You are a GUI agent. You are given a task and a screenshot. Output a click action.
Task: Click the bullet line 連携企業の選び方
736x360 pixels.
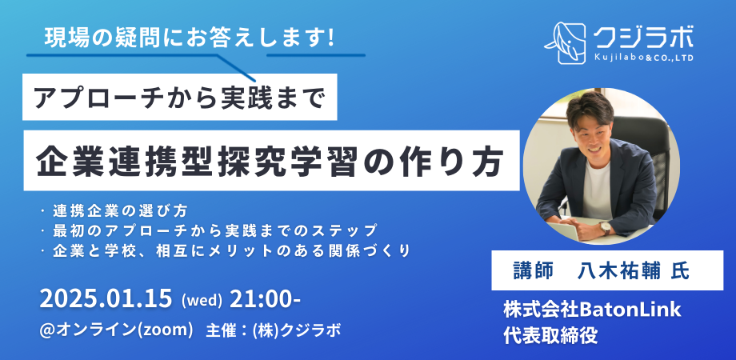coord(118,211)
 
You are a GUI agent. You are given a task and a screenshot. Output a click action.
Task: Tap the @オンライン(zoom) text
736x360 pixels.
coord(118,329)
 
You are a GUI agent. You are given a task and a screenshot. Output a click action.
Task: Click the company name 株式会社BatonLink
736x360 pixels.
coord(592,308)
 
